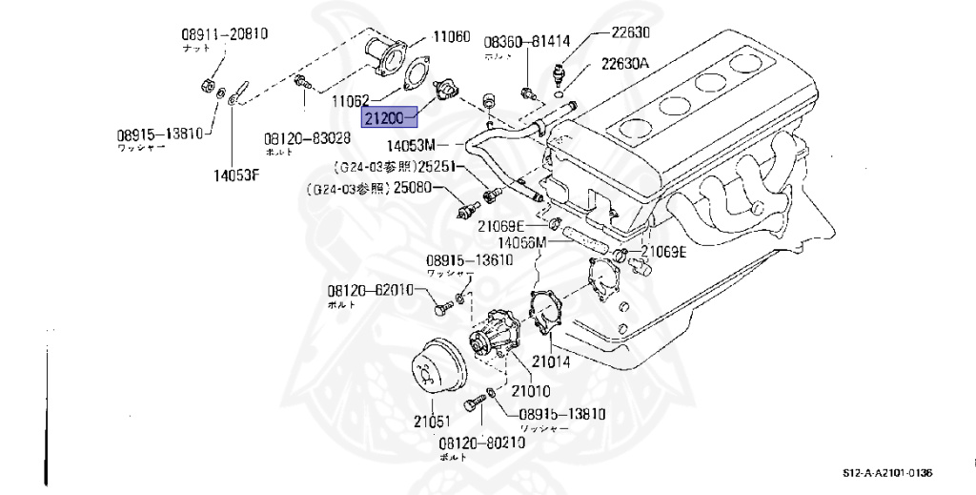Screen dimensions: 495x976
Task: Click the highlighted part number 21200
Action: tap(386, 118)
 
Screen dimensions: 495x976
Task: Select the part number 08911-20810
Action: tap(224, 34)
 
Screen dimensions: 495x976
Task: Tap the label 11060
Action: tap(451, 37)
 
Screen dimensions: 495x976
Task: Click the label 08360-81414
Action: tap(526, 42)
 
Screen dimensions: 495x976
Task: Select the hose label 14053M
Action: tap(411, 146)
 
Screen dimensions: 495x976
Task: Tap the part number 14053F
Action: tap(234, 175)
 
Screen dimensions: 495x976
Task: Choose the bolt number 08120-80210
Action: tap(481, 443)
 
